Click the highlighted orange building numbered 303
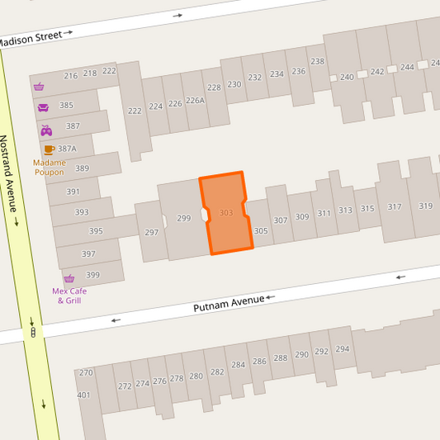225,213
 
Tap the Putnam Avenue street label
229,303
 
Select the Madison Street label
31,38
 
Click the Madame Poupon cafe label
49,168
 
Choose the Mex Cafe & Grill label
69,295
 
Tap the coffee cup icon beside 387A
49,149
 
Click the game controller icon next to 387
46,130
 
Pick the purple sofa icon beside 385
43,106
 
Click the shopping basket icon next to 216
39,86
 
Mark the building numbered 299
183,219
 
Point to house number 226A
195,101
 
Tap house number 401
83,395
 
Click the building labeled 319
425,206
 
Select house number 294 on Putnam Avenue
342,349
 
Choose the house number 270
86,373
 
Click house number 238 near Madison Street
317,62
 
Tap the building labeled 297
151,233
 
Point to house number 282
217,371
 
